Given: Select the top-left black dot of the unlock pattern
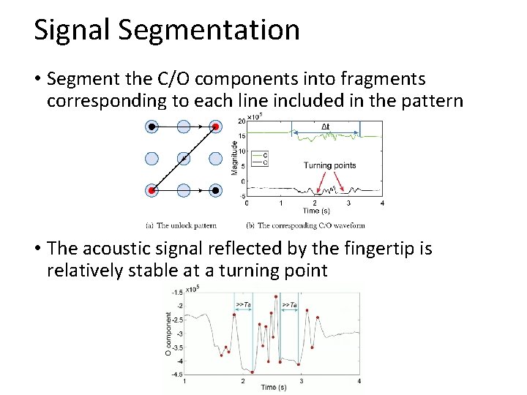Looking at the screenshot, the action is [152, 127].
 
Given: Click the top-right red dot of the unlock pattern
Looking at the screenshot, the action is [216, 127].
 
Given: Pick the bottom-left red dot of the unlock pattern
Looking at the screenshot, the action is [152, 191].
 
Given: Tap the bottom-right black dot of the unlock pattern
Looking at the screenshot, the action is [216, 191].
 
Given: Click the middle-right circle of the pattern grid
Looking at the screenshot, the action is [216, 159].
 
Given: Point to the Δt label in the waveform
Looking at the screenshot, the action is [326, 127].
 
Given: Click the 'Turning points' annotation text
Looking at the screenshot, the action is [329, 165].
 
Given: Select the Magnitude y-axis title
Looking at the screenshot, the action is [234, 157].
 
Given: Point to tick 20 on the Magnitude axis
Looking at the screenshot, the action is [241, 120].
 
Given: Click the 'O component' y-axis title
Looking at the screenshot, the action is [169, 334].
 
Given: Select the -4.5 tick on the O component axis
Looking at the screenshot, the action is [176, 375].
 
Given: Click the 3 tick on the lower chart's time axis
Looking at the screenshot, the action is [301, 381].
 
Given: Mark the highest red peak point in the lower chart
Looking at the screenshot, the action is [276, 296].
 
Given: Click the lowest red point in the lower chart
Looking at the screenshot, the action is [253, 372].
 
